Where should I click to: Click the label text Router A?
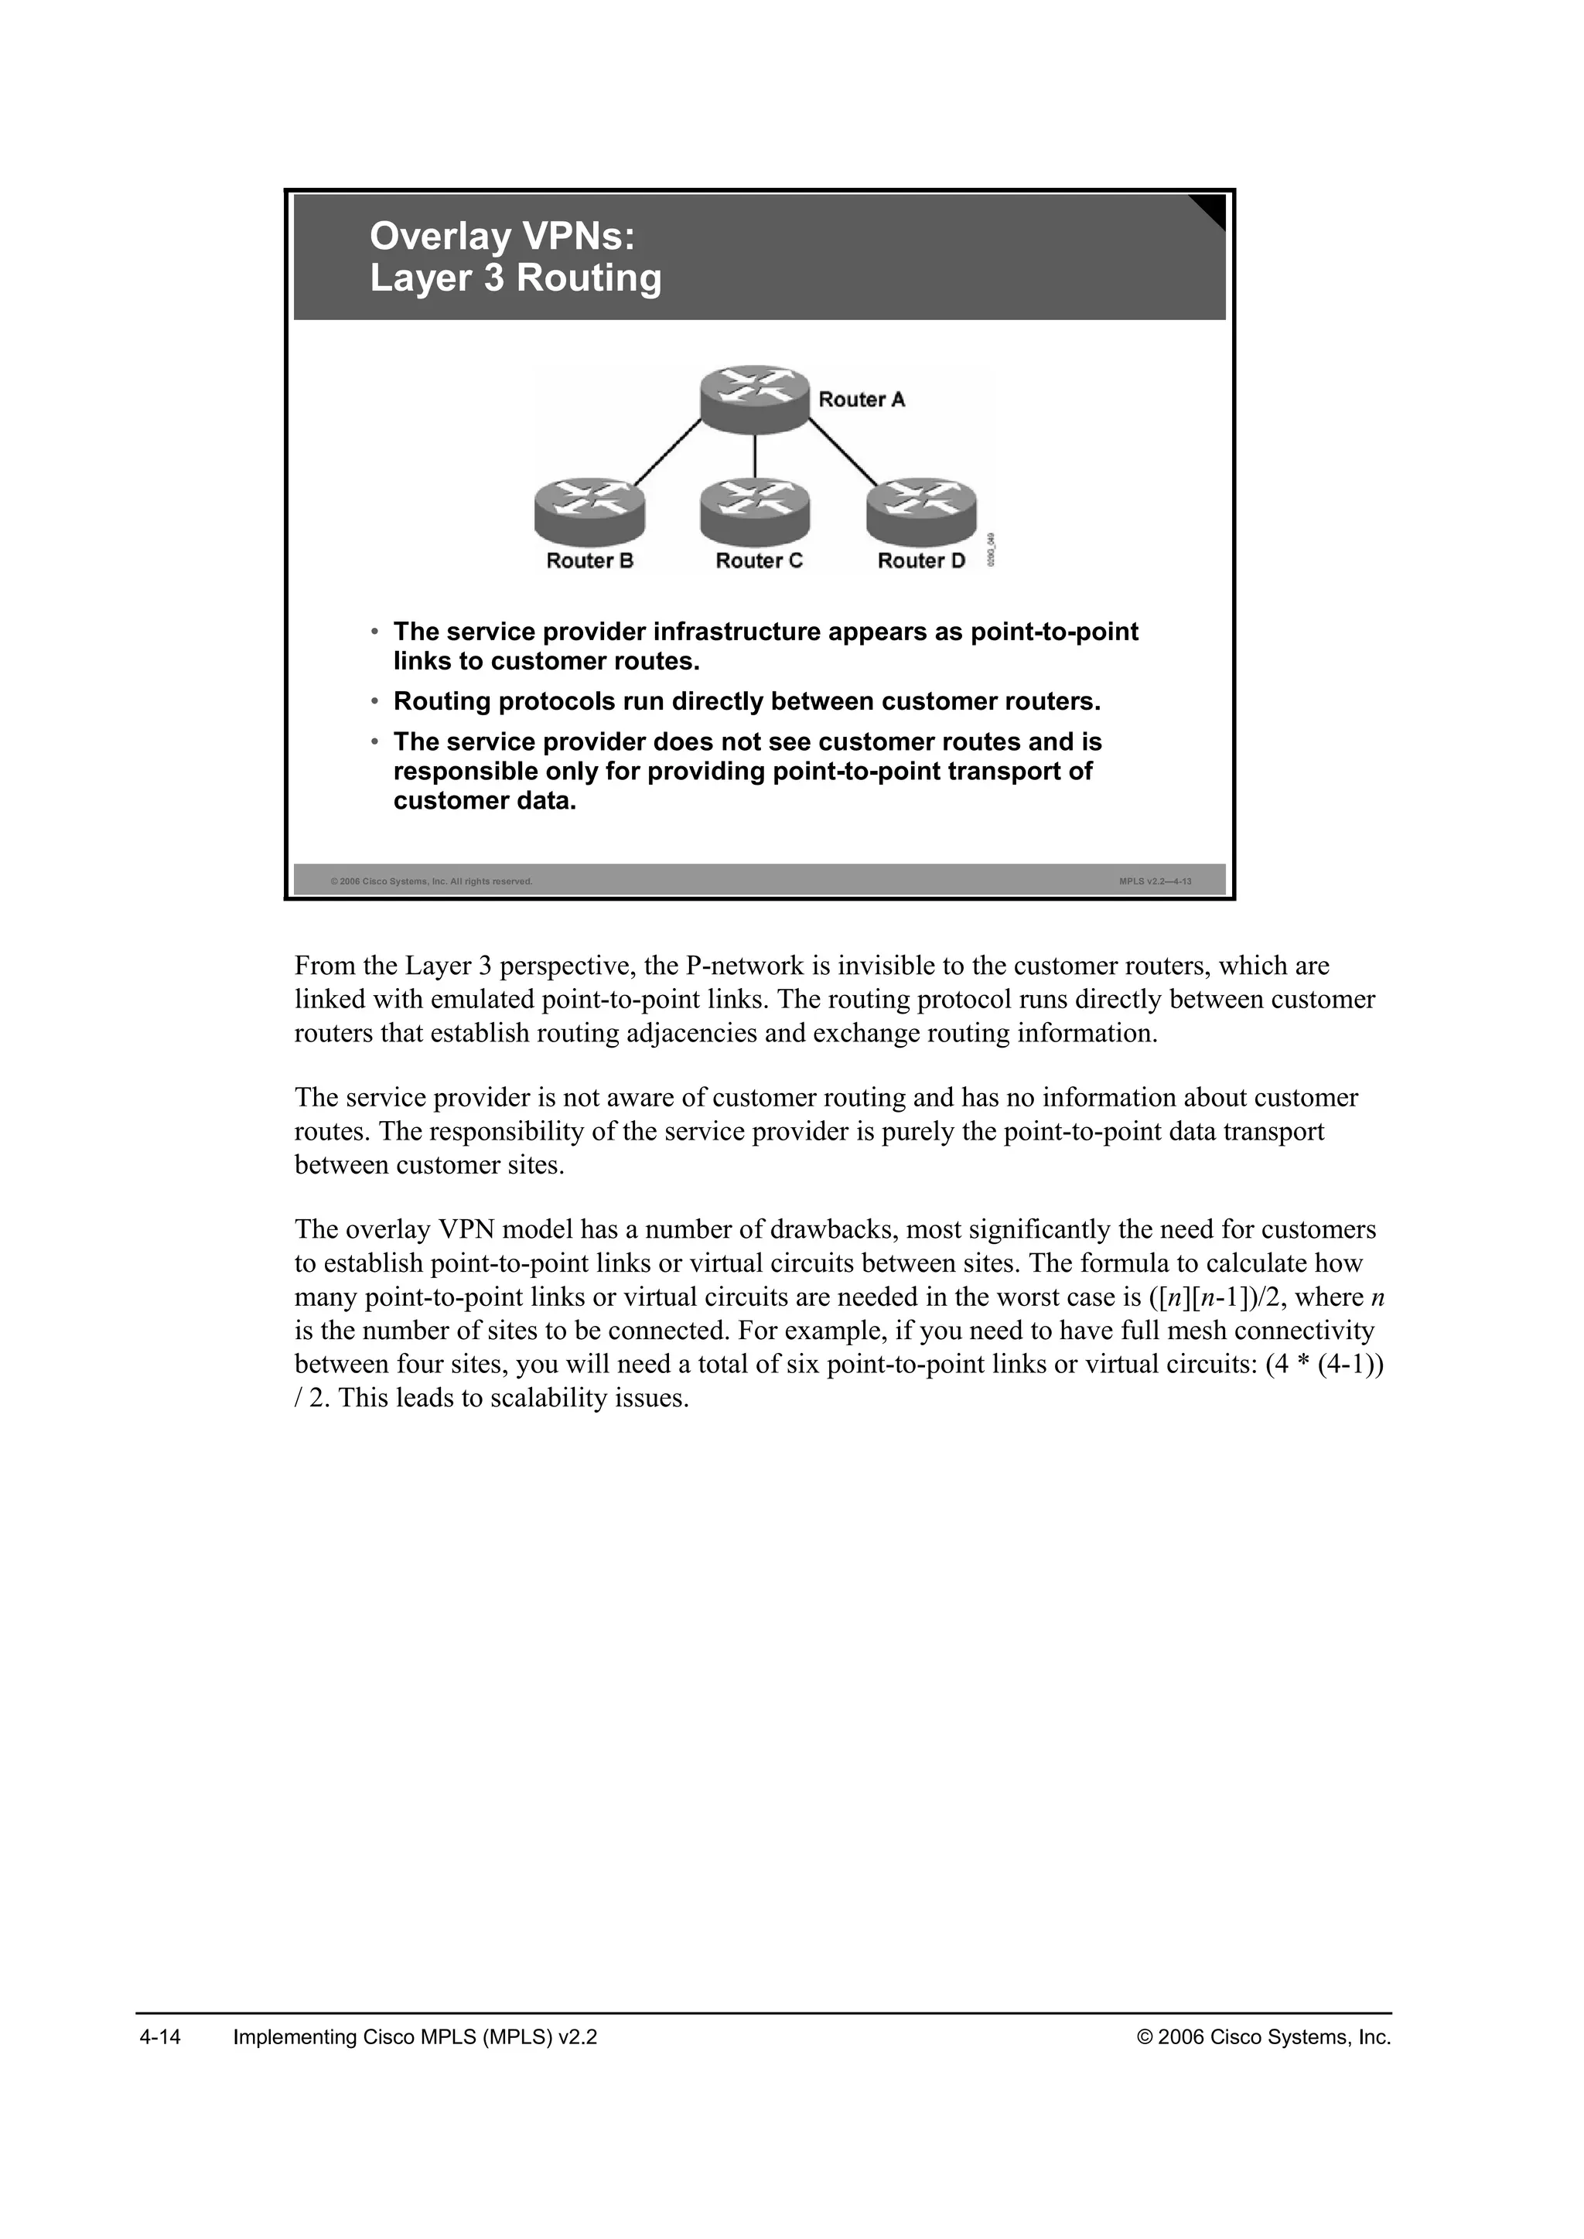[x=862, y=400]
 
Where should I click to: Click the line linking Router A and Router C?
[x=755, y=455]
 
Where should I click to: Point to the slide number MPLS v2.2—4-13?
[x=1155, y=881]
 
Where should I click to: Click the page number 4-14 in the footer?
[x=161, y=2037]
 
